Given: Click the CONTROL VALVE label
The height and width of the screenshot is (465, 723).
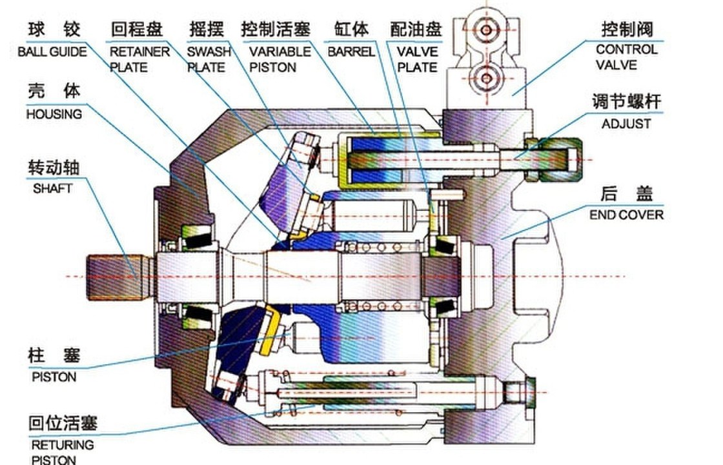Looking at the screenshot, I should [x=626, y=57].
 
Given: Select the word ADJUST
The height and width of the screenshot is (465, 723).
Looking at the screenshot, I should [x=626, y=124].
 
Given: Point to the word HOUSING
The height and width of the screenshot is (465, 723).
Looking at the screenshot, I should [x=54, y=114].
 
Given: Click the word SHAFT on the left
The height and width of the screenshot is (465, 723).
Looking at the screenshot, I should [x=53, y=189].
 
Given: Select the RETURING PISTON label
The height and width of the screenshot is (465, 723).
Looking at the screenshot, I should [x=62, y=452].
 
